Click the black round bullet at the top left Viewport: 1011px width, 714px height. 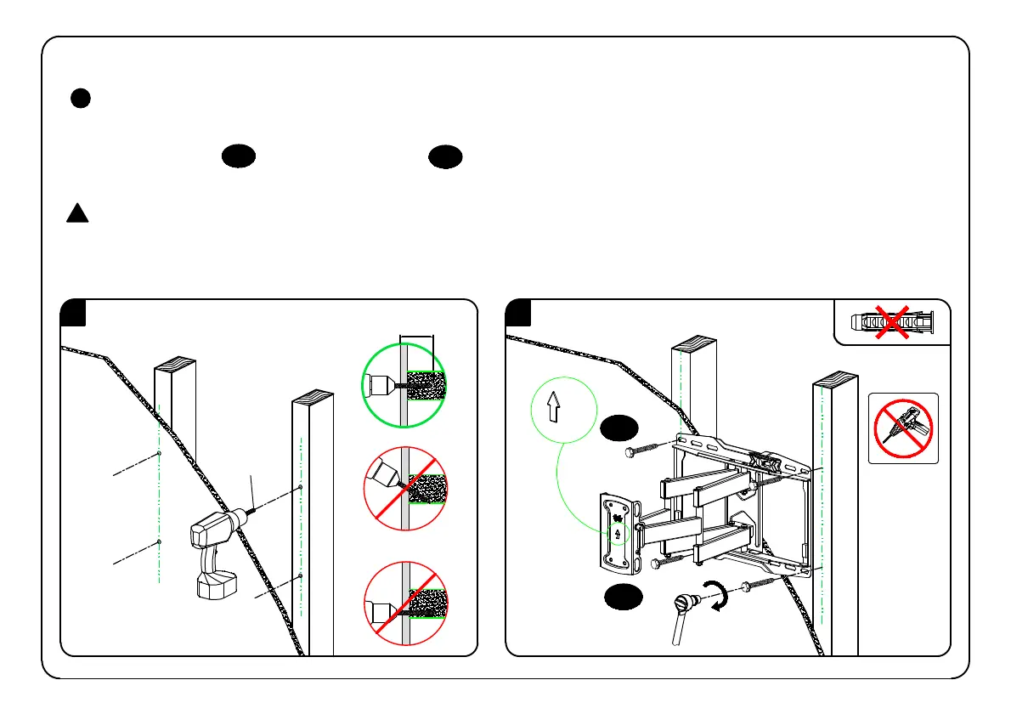tap(80, 99)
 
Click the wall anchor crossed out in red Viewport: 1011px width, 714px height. tap(891, 321)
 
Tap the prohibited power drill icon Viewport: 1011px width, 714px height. tap(903, 428)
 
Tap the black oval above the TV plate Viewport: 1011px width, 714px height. tap(619, 428)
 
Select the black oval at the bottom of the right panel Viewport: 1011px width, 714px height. tap(624, 598)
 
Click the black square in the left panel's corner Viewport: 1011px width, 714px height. tap(74, 314)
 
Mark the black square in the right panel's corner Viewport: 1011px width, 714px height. tap(518, 314)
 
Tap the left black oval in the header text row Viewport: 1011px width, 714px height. tap(240, 156)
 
